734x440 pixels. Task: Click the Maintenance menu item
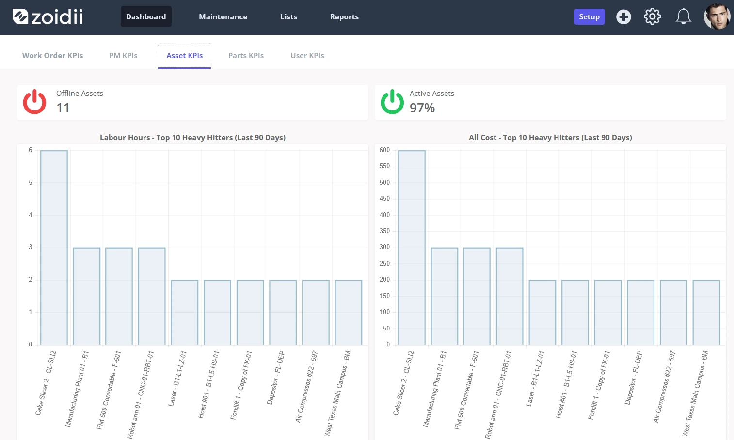point(223,16)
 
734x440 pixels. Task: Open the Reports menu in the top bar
point(344,16)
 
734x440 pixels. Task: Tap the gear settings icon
point(652,16)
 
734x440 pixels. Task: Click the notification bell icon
point(683,16)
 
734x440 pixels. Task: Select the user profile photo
point(717,16)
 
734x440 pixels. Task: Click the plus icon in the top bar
point(623,16)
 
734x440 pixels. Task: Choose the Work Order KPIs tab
point(52,55)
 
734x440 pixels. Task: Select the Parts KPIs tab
point(246,55)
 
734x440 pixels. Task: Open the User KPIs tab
point(307,55)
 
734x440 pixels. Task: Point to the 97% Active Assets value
point(422,108)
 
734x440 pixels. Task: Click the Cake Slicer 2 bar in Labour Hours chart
point(54,247)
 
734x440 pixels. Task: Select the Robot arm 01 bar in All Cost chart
point(510,296)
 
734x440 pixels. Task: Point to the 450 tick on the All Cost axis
point(384,199)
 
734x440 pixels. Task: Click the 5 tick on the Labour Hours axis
point(31,183)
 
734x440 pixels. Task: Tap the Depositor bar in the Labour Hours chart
point(283,312)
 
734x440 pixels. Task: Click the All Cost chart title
point(550,137)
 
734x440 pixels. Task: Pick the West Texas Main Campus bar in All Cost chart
point(706,312)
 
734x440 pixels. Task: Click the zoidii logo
point(48,16)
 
